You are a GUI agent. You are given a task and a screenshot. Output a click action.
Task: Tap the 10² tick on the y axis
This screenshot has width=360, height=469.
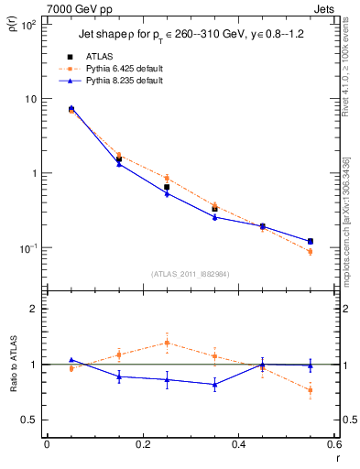pyautogui.click(x=28, y=26)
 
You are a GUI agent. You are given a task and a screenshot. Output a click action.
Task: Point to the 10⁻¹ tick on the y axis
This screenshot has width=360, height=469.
pyautogui.click(x=28, y=248)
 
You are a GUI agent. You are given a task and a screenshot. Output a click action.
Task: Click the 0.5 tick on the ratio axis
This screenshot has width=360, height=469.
pyautogui.click(x=30, y=420)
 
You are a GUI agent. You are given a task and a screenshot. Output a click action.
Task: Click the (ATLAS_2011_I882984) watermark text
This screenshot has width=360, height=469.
pyautogui.click(x=190, y=273)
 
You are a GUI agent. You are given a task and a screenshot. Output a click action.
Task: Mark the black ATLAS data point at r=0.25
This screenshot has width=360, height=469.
pyautogui.click(x=167, y=187)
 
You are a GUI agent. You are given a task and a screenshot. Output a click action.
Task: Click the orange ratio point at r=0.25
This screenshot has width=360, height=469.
pyautogui.click(x=167, y=343)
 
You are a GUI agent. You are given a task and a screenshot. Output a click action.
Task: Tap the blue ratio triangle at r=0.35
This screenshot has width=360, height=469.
pyautogui.click(x=214, y=385)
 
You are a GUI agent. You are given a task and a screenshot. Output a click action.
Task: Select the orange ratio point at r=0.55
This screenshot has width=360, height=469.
pyautogui.click(x=311, y=390)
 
